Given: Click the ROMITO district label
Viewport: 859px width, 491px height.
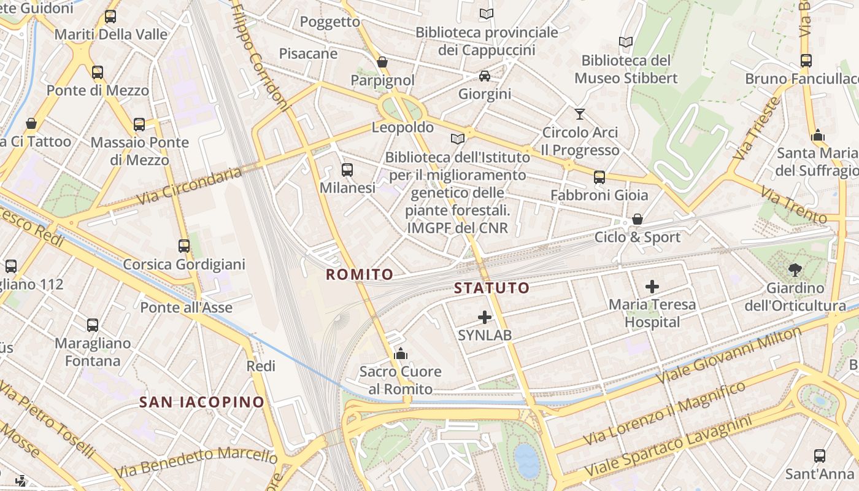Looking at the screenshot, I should pos(359,274).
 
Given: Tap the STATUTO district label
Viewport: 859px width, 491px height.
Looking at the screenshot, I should pos(491,288).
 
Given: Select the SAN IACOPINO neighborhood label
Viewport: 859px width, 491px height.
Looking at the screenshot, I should pos(202,403).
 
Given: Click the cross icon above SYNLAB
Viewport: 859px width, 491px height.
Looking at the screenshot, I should pos(485,317).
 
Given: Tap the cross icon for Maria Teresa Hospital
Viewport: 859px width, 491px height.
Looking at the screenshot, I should pos(652,286).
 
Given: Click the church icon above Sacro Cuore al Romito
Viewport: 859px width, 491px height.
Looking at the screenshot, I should pos(401,354).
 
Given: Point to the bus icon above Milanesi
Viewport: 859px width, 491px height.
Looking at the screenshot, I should pos(347,170).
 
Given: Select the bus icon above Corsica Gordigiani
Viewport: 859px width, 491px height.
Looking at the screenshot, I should pos(184,246).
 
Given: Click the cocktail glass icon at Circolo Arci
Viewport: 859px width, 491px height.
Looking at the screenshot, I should pos(580,114).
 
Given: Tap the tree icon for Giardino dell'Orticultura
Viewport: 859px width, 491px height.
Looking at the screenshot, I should pos(795,269).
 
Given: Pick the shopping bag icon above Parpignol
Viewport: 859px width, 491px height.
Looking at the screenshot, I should pos(382,62).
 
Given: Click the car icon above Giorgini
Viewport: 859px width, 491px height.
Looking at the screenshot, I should pos(485,76).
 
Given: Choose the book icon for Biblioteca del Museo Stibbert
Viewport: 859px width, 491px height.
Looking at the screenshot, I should pos(626,42).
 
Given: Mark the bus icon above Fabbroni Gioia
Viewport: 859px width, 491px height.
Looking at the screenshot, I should pos(599,177).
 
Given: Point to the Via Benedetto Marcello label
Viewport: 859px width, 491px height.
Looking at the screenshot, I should pos(196,460).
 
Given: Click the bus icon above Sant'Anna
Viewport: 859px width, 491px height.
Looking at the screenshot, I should pos(820,456).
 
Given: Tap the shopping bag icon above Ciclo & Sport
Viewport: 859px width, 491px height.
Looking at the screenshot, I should pos(638,219).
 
